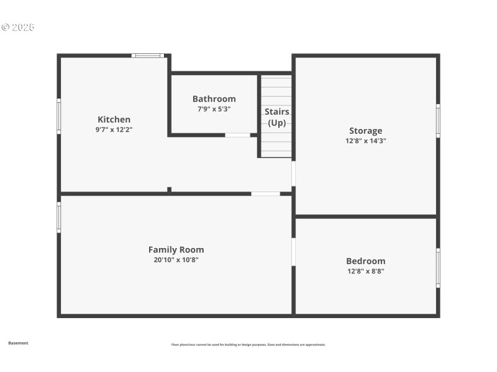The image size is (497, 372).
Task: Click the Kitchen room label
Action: pyautogui.click(x=114, y=120)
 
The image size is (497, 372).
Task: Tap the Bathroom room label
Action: pyautogui.click(x=214, y=99)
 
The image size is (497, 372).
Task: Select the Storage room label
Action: pyautogui.click(x=365, y=131)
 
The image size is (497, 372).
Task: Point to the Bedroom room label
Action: pyautogui.click(x=365, y=261)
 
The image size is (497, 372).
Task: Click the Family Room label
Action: pyautogui.click(x=176, y=250)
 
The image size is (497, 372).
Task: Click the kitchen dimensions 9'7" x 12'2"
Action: pyautogui.click(x=114, y=130)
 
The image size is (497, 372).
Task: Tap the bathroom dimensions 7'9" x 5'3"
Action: pyautogui.click(x=214, y=109)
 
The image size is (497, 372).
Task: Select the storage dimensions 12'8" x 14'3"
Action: pyautogui.click(x=365, y=141)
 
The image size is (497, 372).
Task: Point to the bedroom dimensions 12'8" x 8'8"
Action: pyautogui.click(x=365, y=271)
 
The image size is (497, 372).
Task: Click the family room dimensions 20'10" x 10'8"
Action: pyautogui.click(x=176, y=260)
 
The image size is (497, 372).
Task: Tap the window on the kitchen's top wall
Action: pyautogui.click(x=148, y=56)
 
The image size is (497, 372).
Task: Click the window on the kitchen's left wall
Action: pyautogui.click(x=59, y=117)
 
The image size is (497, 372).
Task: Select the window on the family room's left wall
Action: pyautogui.click(x=59, y=217)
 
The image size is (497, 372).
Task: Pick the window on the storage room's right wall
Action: pyautogui.click(x=438, y=121)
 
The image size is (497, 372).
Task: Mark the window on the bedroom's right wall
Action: pyautogui.click(x=438, y=268)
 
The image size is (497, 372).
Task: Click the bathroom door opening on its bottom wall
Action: pyautogui.click(x=237, y=135)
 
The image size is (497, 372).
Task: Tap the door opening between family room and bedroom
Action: pyautogui.click(x=293, y=252)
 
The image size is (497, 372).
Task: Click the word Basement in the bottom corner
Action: pyautogui.click(x=18, y=343)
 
